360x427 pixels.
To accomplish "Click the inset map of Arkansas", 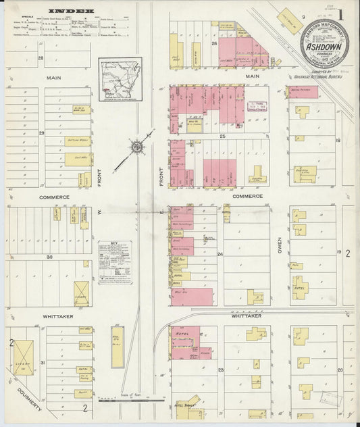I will (x=118, y=78).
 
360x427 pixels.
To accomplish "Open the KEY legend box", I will (x=114, y=261).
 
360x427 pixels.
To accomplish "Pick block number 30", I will (x=49, y=257).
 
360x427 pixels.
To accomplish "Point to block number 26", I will (x=214, y=43).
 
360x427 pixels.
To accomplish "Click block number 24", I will (x=220, y=254).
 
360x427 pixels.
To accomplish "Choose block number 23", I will (x=220, y=370).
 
